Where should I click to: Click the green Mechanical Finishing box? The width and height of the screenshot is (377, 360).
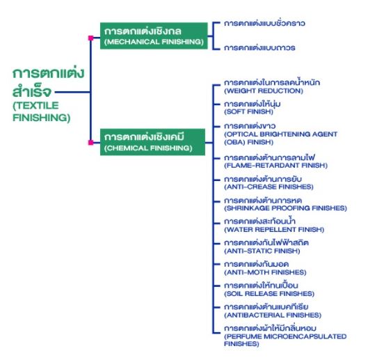154,36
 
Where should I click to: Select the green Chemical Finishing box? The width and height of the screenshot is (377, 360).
152,142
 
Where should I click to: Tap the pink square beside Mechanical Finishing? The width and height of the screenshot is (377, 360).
90,38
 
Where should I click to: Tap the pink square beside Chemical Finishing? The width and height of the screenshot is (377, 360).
90,143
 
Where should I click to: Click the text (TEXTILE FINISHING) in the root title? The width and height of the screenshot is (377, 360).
41,111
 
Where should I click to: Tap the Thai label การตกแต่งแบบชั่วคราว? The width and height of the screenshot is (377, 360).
264,23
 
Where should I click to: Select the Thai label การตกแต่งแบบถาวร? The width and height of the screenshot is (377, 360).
259,47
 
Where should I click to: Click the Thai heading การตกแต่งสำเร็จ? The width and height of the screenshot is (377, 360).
48,82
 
